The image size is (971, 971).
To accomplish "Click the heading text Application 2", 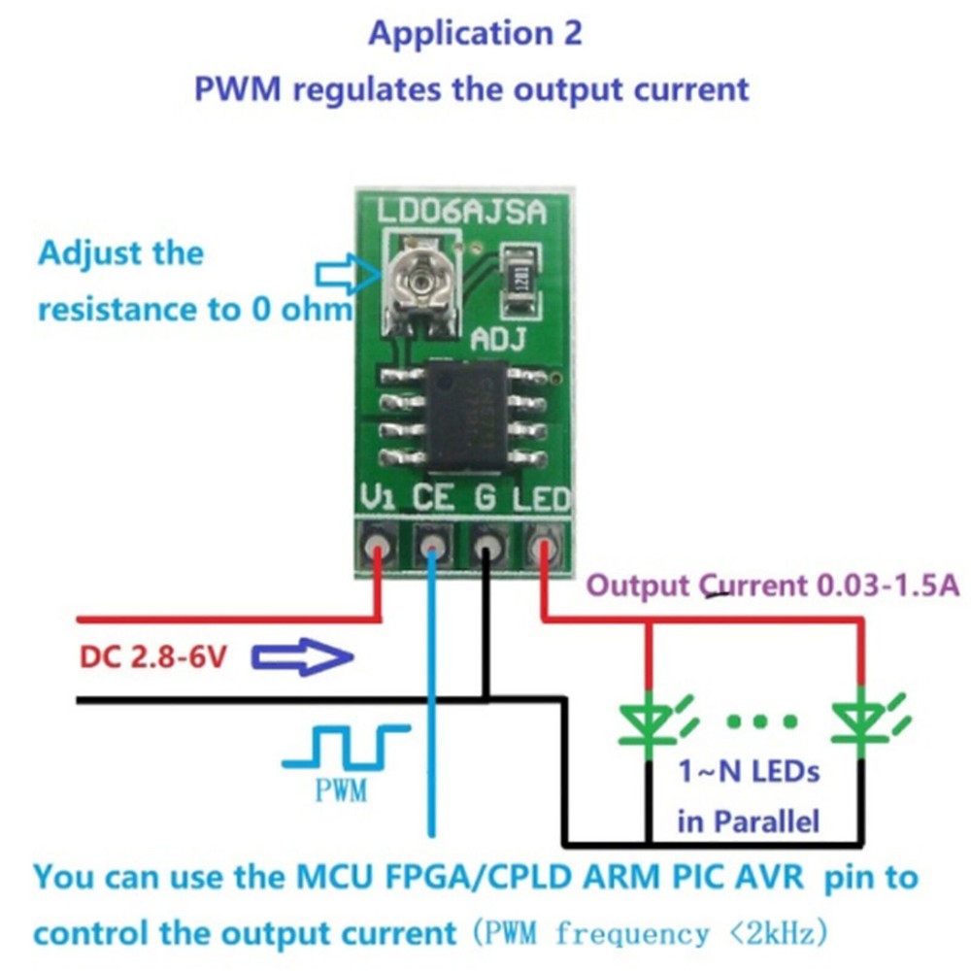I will point(475,33).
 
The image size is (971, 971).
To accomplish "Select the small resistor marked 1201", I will point(522,276).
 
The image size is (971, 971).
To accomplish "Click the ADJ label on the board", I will point(498,340).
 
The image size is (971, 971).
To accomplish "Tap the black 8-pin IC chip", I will point(463,415).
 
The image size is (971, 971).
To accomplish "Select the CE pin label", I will point(434,498).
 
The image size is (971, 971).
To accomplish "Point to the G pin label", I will point(485,498).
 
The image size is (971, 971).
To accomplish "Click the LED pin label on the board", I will point(541,498).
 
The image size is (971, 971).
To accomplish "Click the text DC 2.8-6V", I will point(153,659).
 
